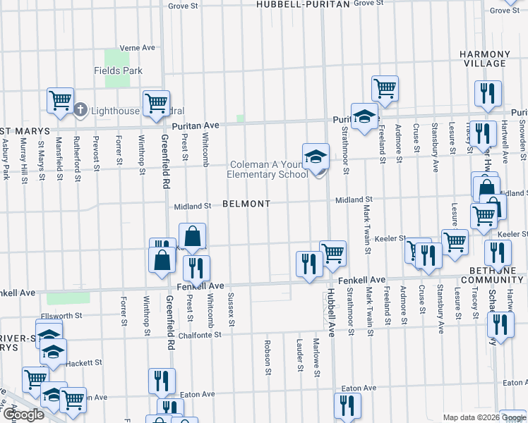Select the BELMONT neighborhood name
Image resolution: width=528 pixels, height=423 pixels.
(246, 204)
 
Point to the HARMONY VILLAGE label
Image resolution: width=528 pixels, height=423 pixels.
(484, 59)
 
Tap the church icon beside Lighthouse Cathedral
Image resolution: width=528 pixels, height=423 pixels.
(80, 111)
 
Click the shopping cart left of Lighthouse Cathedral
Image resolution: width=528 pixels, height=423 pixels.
(60, 100)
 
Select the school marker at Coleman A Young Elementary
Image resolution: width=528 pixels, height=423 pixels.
(316, 157)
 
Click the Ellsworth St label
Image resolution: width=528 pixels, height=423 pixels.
(64, 316)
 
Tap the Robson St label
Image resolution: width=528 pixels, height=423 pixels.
(268, 357)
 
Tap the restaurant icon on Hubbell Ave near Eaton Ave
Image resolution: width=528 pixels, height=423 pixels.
(347, 405)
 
